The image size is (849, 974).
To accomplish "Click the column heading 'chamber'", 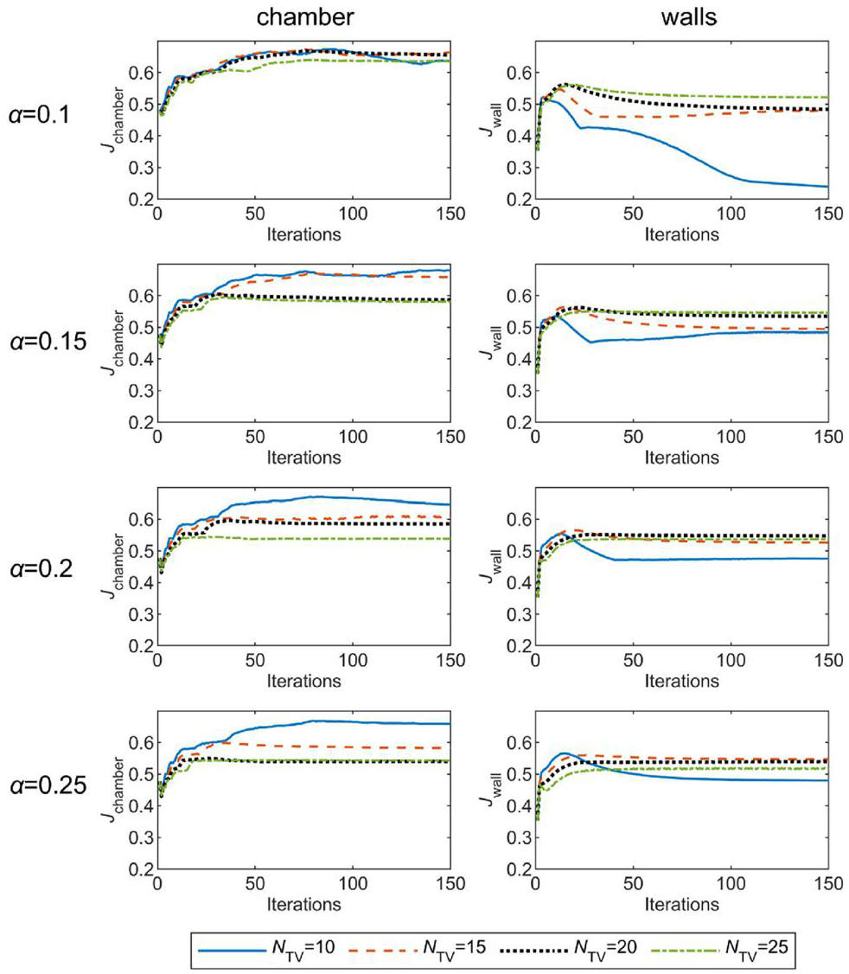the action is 305,16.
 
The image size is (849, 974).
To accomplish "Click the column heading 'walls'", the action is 689,16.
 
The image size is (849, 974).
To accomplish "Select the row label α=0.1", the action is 39,114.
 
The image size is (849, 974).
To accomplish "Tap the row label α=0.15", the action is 48,341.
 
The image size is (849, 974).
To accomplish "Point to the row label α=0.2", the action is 41,567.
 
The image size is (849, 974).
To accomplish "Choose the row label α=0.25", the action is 48,785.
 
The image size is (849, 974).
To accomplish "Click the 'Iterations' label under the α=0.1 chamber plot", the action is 303,234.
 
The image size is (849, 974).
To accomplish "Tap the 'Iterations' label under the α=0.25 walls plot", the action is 681,904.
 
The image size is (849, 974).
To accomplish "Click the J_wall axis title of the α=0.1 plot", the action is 491,120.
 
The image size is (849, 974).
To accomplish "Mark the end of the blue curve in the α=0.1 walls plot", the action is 828,186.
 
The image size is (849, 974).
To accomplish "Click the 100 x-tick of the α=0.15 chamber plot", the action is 353,437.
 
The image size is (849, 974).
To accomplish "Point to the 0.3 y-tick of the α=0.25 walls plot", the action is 519,837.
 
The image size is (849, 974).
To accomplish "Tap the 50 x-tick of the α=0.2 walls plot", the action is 633,660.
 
